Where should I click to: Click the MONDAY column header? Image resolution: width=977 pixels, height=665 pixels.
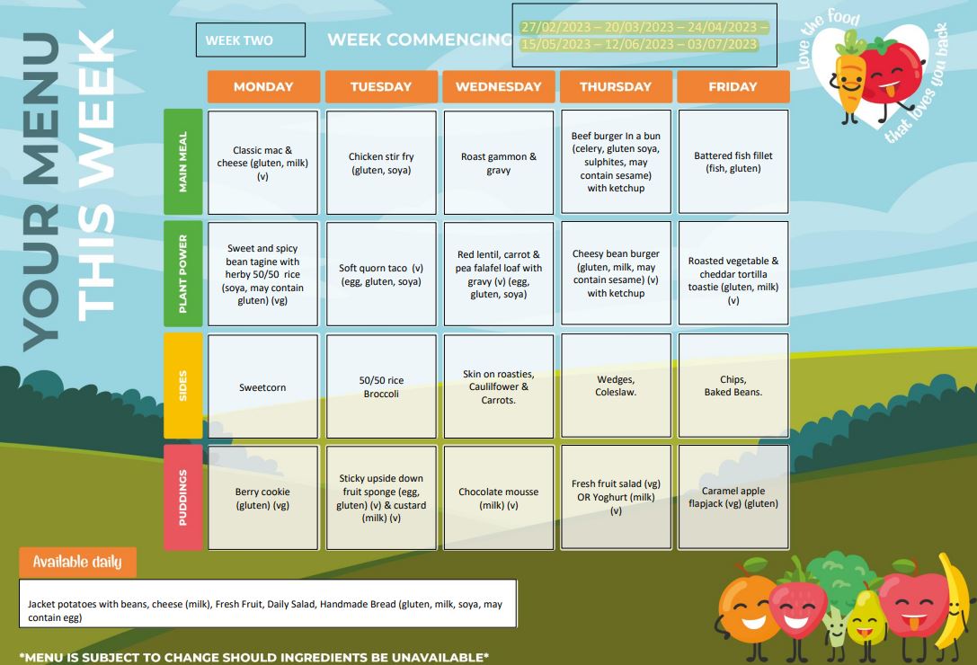coord(263,87)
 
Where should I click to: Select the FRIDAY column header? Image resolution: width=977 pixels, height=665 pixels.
coord(733,87)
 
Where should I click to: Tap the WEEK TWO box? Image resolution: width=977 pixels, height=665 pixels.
coord(250,40)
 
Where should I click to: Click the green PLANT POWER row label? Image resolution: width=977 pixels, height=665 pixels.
coord(183,274)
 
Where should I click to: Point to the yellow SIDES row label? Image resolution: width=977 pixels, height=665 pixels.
coord(183,386)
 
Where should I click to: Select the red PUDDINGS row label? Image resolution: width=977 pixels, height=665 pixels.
coord(183,497)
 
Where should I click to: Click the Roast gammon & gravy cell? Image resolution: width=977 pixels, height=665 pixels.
coord(499,163)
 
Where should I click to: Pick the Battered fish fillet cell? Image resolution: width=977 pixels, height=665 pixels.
coord(733,163)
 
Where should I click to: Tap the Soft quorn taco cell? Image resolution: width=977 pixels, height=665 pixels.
coord(381,274)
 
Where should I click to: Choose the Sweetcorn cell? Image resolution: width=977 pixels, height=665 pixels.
coord(262,387)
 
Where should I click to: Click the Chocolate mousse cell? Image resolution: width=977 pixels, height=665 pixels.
coord(499,498)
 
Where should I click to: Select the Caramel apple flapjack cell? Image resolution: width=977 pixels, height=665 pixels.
coord(733,498)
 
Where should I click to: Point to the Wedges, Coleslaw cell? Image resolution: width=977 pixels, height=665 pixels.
coord(616,386)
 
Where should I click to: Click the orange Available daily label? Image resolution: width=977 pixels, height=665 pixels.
coord(77,563)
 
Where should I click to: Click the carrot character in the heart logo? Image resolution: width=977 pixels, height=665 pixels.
coord(848,77)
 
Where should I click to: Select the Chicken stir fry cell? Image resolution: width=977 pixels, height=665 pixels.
coord(381,163)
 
